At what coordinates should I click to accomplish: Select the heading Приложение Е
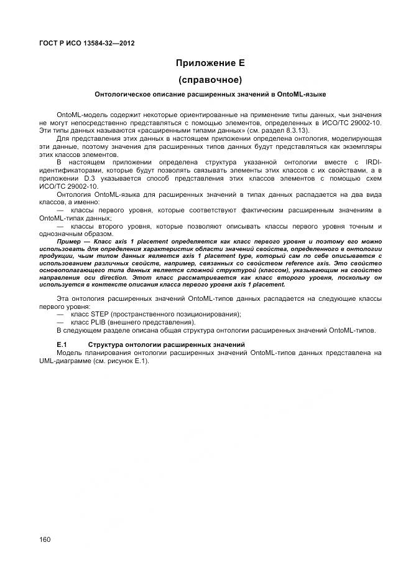pyautogui.click(x=210, y=63)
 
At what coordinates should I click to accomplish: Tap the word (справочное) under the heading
pyautogui.click(x=210, y=80)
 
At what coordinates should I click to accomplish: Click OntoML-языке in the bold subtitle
pyautogui.click(x=305, y=95)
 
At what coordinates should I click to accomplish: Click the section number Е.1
pyautogui.click(x=62, y=344)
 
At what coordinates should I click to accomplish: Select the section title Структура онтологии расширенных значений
pyautogui.click(x=167, y=344)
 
